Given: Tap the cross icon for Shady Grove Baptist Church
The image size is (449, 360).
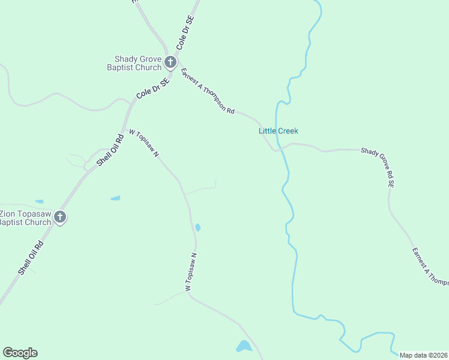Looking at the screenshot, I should point(170,62).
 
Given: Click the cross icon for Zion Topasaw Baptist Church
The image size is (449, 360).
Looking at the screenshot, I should point(60,217).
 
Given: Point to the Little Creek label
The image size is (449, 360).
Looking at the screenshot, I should point(278,131).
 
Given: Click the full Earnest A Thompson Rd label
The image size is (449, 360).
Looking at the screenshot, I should point(208,91).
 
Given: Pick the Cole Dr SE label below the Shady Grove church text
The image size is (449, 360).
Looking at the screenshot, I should point(152,87).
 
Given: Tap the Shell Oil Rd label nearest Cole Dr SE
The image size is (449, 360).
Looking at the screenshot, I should point(110,149).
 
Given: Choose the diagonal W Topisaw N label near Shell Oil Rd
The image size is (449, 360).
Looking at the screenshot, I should point(144,143).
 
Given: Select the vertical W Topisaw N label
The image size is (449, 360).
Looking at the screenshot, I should point(191,272).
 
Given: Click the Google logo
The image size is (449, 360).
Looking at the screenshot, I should point(20,353).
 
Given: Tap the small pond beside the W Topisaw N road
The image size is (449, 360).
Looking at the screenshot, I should point(197,227).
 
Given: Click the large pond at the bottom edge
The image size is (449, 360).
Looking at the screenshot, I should point(244,346).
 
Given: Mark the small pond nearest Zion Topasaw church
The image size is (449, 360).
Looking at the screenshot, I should point(39,202).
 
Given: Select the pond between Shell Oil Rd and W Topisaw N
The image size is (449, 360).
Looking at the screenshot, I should point(115,198).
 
